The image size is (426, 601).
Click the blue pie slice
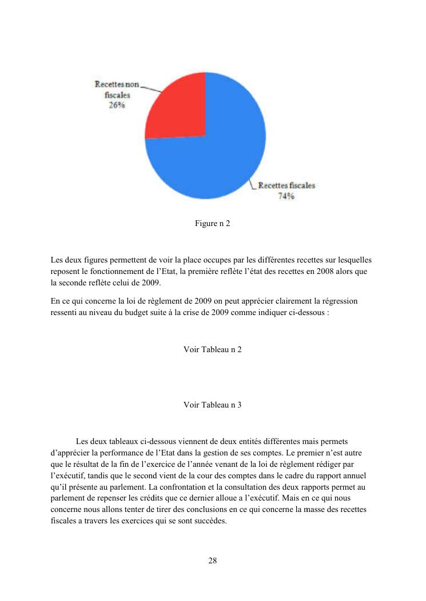tap(217, 154)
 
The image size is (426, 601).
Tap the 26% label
tap(117, 106)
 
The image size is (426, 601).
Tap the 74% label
tap(286, 196)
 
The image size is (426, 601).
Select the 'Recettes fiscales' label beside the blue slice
tap(286, 185)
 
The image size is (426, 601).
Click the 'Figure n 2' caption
tap(212, 223)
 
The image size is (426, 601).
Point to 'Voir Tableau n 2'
tap(212, 349)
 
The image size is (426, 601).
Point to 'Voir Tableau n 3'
tap(212, 405)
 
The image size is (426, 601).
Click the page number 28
tap(212, 560)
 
